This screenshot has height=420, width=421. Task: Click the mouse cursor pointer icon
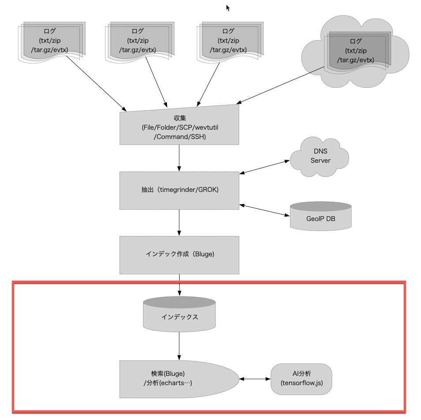pos(228,8)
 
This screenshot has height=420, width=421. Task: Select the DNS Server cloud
pos(320,157)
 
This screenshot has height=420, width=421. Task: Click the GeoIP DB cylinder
pos(320,216)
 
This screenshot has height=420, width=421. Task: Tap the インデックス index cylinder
pos(179,314)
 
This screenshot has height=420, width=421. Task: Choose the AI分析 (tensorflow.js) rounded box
pos(301,379)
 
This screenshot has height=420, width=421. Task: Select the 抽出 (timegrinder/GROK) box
pos(179,191)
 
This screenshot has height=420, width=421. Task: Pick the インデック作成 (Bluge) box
pos(179,255)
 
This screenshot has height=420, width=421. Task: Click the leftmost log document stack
pos(52,42)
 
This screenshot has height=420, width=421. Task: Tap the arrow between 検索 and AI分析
pos(255,379)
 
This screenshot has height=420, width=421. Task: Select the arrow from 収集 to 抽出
pos(179,158)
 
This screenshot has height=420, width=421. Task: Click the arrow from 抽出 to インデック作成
pos(179,223)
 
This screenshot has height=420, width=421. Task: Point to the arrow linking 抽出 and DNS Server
pos(264,167)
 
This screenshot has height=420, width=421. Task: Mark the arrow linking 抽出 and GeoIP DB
pos(264,210)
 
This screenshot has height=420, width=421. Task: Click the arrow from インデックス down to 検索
pos(179,346)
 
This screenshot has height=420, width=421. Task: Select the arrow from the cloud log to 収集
pos(280,85)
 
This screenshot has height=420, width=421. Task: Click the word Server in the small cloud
pos(320,161)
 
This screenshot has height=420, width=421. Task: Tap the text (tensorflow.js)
pos(301,383)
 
